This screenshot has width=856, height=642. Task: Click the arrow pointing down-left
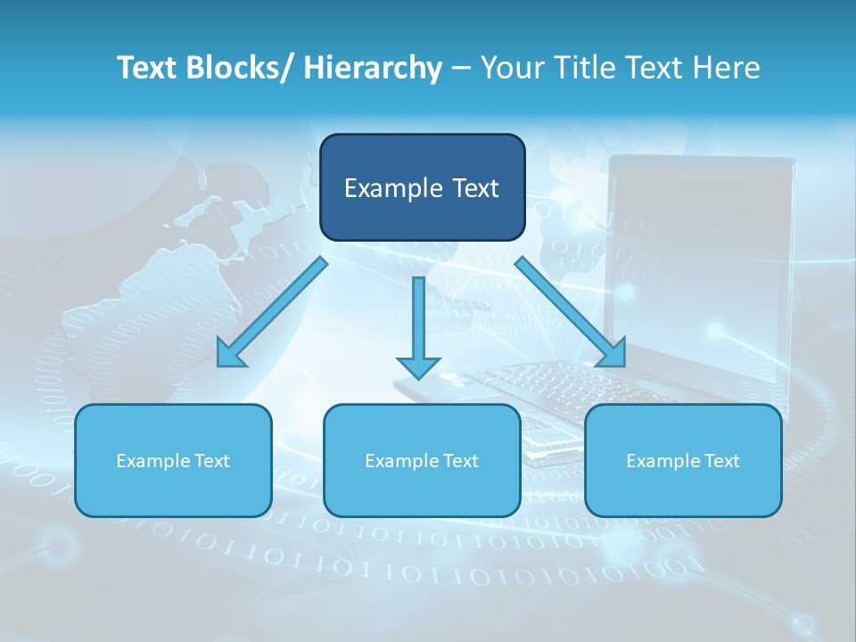(271, 313)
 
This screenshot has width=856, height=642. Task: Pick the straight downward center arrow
(418, 326)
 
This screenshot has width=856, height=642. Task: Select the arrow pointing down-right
(571, 311)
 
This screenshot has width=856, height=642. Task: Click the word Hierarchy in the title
(373, 68)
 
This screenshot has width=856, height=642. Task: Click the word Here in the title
(728, 68)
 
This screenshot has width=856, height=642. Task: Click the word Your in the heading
(508, 68)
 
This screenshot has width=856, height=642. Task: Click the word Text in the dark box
(473, 188)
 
